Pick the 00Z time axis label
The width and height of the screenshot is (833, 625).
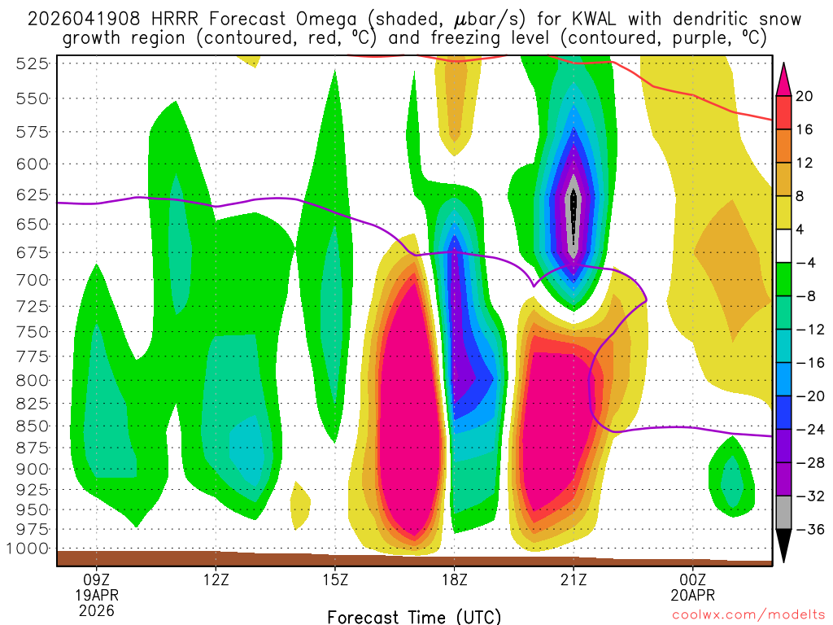(692, 580)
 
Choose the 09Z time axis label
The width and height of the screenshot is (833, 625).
(97, 580)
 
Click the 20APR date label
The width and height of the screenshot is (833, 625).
(692, 595)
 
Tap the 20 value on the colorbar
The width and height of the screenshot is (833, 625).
(805, 96)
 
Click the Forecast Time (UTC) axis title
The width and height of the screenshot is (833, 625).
(414, 616)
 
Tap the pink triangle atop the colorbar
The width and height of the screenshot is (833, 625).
(784, 79)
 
